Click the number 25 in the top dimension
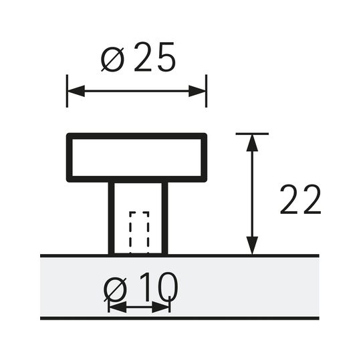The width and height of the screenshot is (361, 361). (154, 57)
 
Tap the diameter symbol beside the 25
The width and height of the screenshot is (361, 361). (113, 59)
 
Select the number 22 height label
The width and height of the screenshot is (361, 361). (300, 199)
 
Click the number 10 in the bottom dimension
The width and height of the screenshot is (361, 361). (159, 287)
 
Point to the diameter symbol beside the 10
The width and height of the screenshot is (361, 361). (116, 289)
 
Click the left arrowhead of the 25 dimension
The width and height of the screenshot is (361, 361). (76, 91)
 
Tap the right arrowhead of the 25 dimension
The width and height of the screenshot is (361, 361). (197, 91)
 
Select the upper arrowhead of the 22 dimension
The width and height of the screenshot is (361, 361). (252, 143)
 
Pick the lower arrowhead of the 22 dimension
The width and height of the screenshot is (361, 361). (252, 245)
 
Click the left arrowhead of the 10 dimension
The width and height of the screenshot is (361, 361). (118, 307)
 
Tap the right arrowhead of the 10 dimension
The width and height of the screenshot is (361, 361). (160, 307)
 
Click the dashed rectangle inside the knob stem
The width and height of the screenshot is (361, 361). (139, 233)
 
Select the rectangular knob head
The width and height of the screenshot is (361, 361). (137, 136)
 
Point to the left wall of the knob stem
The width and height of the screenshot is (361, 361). (111, 218)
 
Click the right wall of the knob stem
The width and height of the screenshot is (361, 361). (165, 218)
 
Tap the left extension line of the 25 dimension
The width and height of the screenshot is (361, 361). (67, 91)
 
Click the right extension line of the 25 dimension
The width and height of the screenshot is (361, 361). (207, 91)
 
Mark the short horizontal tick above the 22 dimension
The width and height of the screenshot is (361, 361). (252, 134)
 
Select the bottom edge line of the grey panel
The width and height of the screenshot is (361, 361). (180, 318)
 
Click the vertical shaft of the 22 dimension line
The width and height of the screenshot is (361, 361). (252, 194)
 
